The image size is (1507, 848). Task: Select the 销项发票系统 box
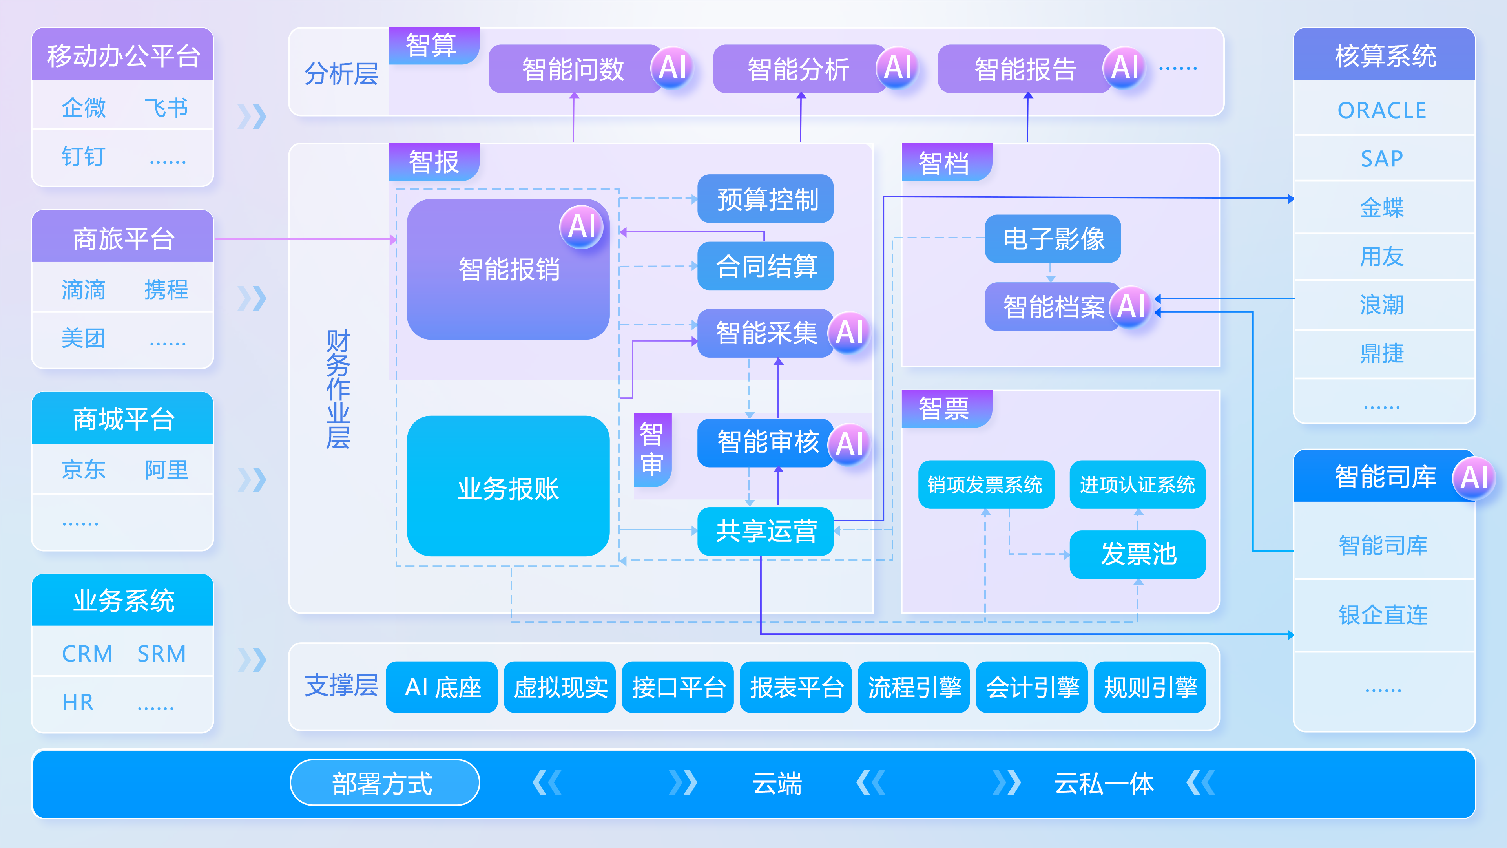click(x=986, y=484)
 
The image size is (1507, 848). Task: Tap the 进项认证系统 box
click(x=1137, y=484)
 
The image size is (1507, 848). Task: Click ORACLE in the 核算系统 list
click(x=1382, y=110)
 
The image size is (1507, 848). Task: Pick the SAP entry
click(x=1382, y=159)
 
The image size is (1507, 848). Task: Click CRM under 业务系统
click(x=87, y=654)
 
